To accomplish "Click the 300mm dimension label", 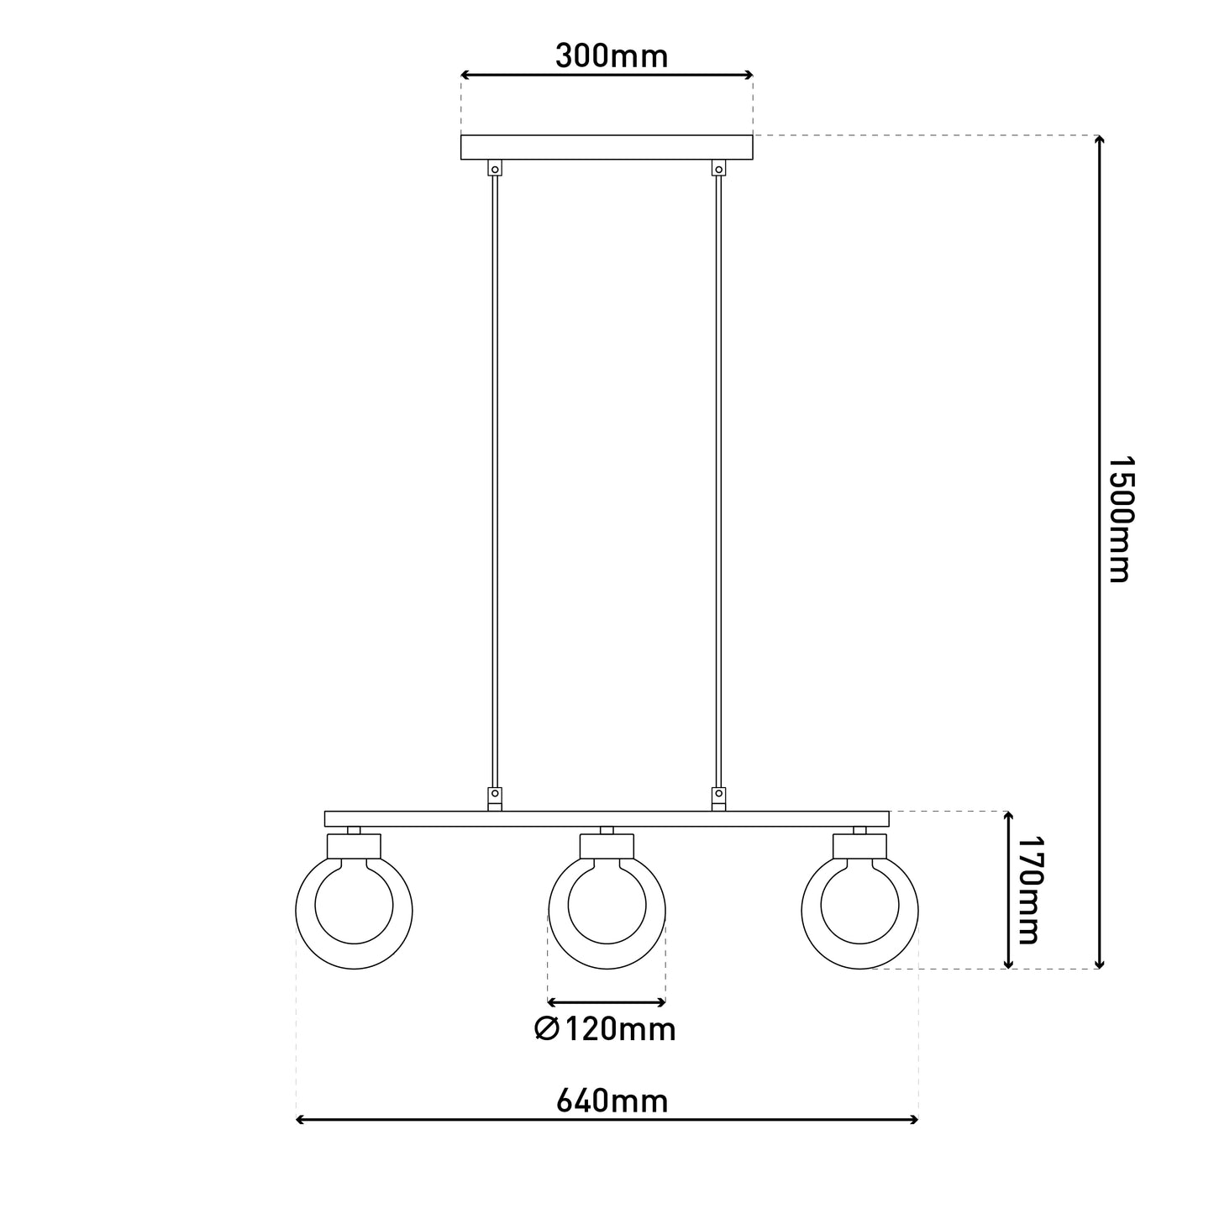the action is pos(611,56).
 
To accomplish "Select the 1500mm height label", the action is pos(1121,519).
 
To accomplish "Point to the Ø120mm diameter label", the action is pos(605,1029).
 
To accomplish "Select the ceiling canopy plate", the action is pos(607,147).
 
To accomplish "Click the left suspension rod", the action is pos(495,481).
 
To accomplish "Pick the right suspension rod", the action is pos(719,481).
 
